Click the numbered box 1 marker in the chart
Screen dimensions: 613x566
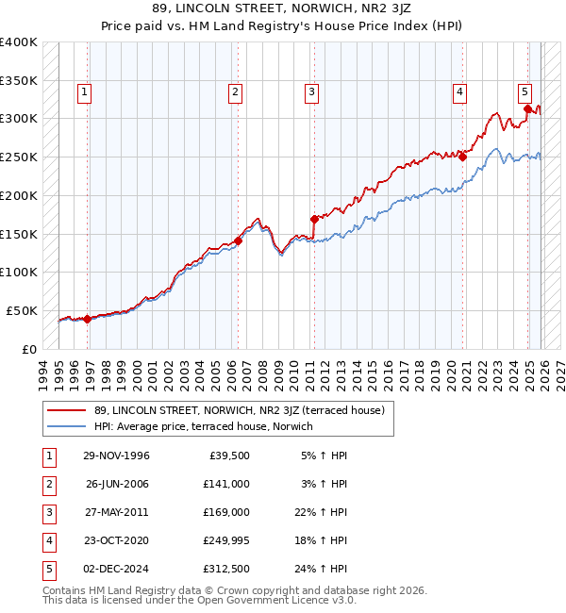click(85, 91)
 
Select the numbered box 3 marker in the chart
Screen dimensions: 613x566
click(311, 91)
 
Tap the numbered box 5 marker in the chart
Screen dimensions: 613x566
click(524, 91)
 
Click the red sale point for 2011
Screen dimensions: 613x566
click(314, 219)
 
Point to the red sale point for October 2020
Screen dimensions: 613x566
click(463, 157)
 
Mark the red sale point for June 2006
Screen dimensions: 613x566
click(239, 240)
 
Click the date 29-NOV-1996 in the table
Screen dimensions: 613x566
click(117, 456)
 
